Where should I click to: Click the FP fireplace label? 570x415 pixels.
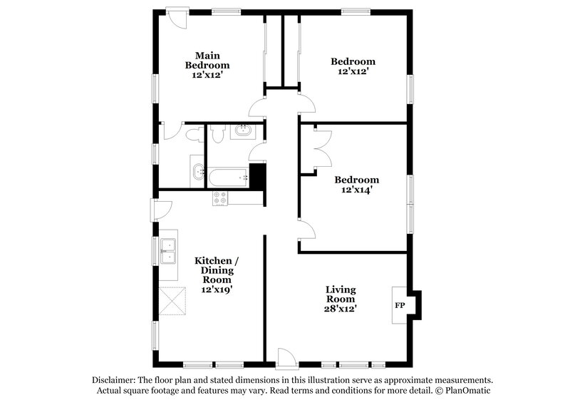400,306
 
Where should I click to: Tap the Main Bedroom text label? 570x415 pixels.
207,65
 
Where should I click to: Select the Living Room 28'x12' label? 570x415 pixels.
341,299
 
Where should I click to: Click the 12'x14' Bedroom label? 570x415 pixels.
357,185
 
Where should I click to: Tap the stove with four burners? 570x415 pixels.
220,199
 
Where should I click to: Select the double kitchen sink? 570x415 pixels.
169,251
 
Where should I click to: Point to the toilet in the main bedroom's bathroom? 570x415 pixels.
192,133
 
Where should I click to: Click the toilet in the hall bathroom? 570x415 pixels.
219,131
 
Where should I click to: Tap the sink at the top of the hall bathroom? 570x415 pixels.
244,130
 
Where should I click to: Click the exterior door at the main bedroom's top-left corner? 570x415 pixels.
176,18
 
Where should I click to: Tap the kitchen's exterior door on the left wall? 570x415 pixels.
160,208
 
